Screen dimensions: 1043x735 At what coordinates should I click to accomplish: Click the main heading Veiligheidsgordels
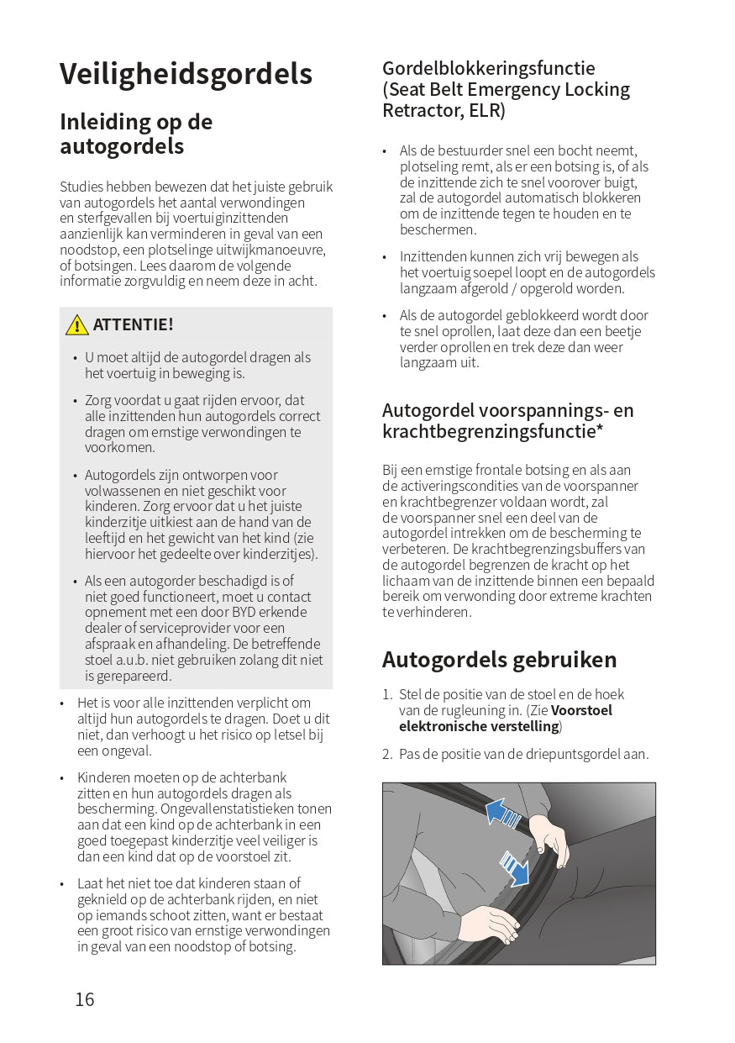point(186,74)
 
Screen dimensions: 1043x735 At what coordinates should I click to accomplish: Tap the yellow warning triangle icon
point(76,325)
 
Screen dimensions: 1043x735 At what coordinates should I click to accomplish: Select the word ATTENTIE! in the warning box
point(133,325)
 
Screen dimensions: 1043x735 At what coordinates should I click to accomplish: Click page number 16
point(85,999)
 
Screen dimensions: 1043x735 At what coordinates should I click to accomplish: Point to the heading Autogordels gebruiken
point(499,660)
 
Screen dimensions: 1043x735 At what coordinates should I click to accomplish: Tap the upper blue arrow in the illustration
point(503,813)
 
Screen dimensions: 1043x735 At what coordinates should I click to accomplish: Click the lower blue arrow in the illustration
point(514,867)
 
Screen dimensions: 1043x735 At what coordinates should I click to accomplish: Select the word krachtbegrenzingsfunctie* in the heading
point(494,432)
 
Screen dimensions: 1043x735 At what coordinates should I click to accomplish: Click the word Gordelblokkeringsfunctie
point(488,69)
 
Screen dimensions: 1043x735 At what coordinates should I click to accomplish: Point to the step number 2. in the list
point(387,755)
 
